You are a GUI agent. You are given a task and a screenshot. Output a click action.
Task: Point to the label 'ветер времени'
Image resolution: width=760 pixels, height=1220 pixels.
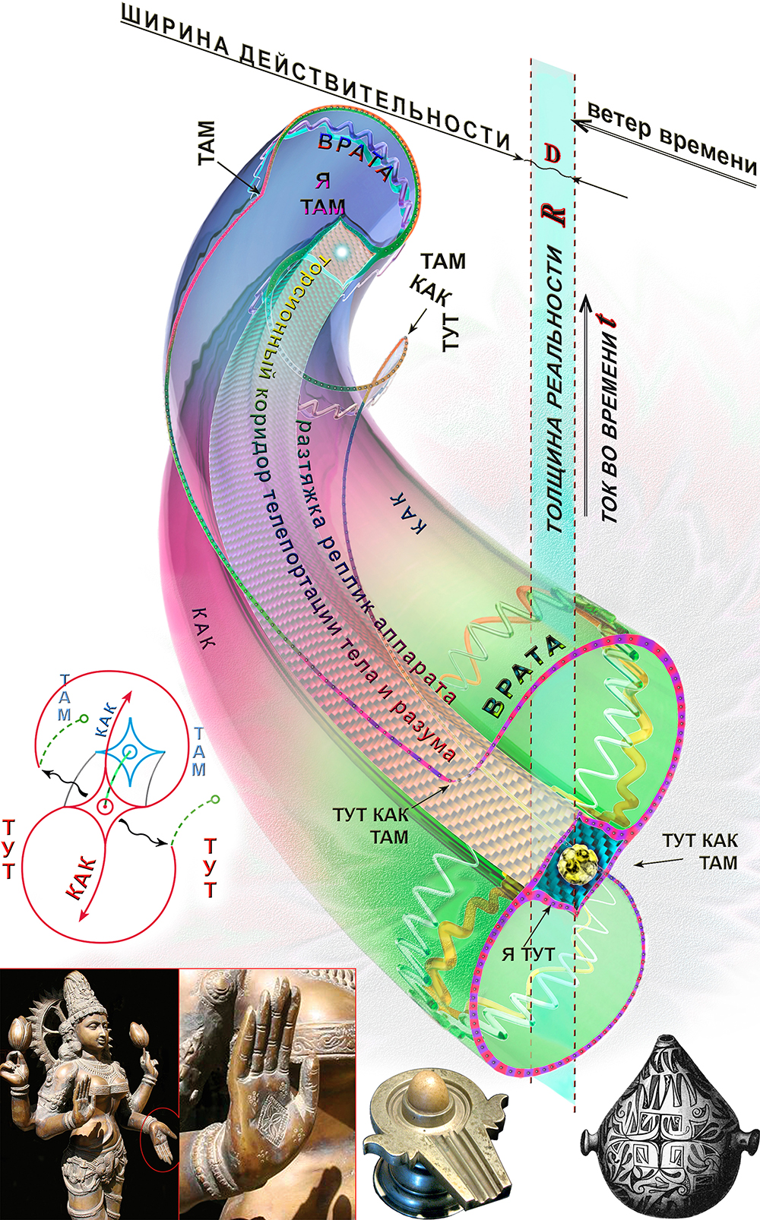click(673, 137)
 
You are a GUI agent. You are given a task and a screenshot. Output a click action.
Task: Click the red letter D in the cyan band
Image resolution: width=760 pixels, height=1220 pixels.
click(553, 155)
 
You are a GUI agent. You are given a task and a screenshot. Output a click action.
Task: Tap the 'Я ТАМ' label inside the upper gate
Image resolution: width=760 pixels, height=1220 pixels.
click(322, 194)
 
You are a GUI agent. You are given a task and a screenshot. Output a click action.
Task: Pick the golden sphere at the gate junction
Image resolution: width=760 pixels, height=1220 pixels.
click(580, 866)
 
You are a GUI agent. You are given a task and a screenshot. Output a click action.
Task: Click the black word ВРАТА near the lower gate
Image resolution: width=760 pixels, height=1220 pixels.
click(524, 676)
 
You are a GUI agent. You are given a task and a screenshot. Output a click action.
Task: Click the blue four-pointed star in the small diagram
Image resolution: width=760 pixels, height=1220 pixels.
click(131, 753)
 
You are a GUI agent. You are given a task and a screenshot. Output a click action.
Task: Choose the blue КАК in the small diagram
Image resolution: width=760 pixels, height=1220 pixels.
click(106, 719)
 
